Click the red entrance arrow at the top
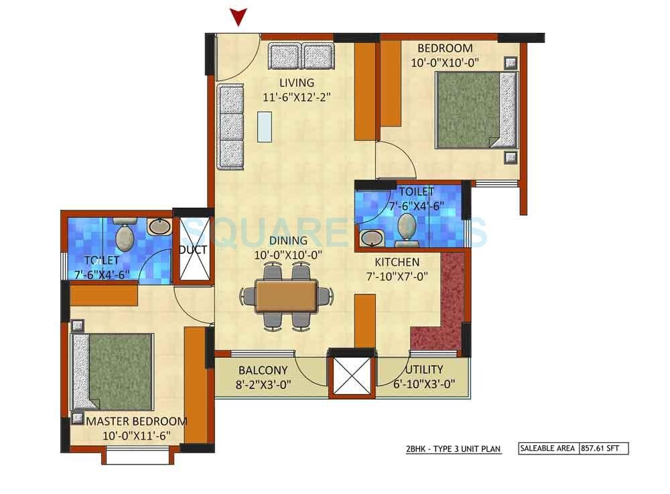(x=239, y=17)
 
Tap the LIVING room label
(x=297, y=83)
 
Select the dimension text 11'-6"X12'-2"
(x=297, y=97)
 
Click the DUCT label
(x=192, y=250)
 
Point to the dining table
(x=286, y=296)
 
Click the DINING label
(x=289, y=241)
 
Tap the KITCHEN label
(x=397, y=262)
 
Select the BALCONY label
(x=263, y=370)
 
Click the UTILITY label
(x=423, y=370)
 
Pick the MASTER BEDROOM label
(x=137, y=422)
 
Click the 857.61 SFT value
(x=603, y=448)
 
